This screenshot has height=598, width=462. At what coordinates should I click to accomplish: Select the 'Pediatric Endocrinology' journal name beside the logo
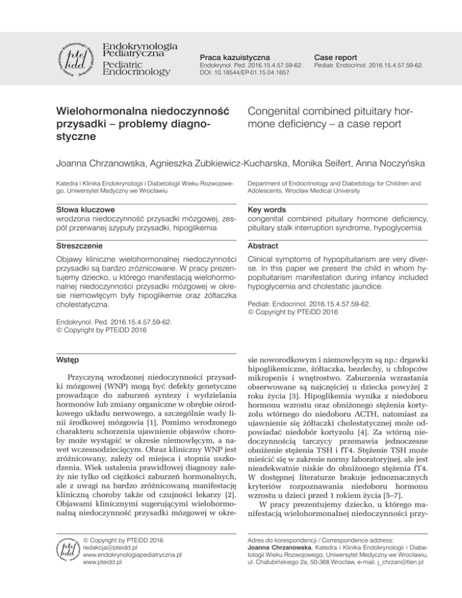click(x=137, y=67)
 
